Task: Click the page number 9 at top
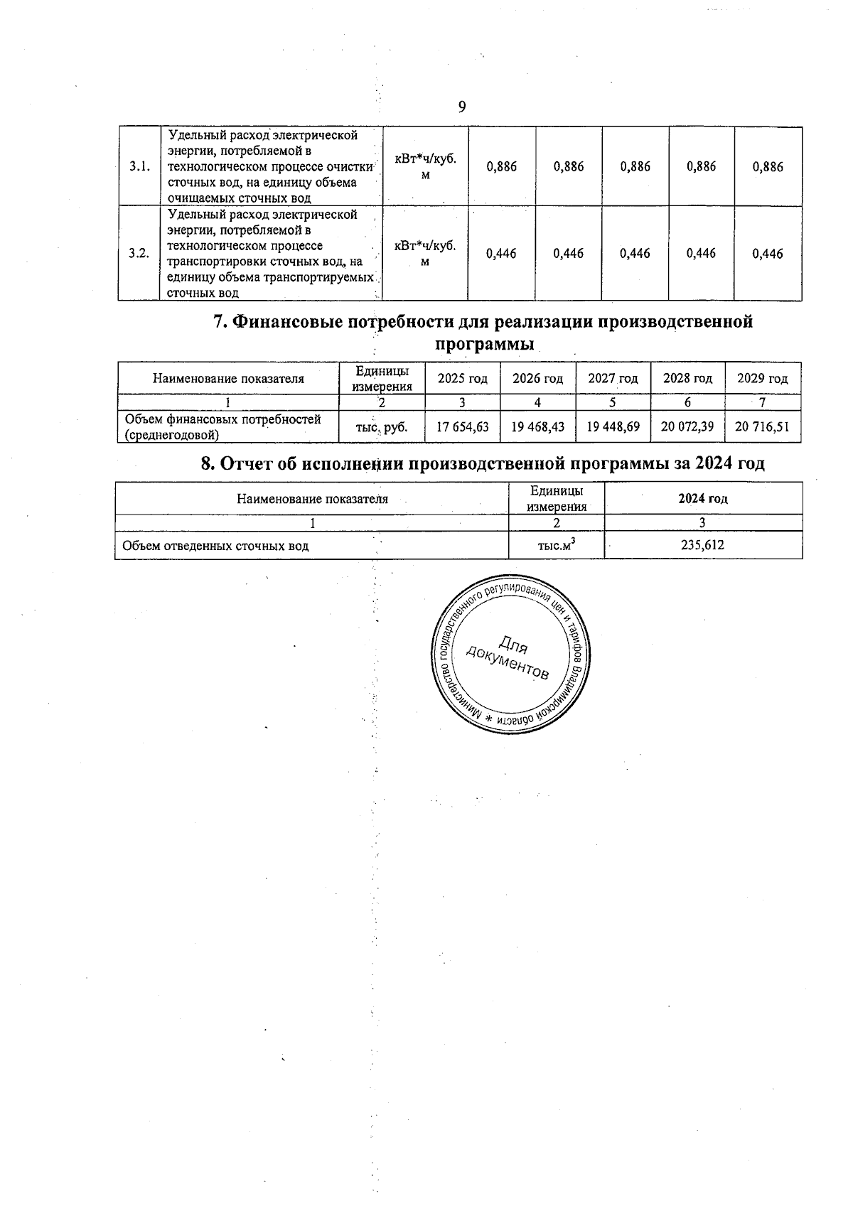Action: pyautogui.click(x=462, y=107)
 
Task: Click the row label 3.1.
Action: pyautogui.click(x=139, y=167)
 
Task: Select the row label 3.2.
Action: pyautogui.click(x=139, y=254)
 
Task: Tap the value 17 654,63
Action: pyautogui.click(x=462, y=427)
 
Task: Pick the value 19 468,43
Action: pyautogui.click(x=537, y=427)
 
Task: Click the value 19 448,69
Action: pyautogui.click(x=613, y=427)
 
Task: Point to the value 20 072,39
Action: pyautogui.click(x=687, y=427)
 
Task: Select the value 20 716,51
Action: pyautogui.click(x=762, y=427)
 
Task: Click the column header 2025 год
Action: pyautogui.click(x=462, y=379)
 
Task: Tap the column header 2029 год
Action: pyautogui.click(x=762, y=379)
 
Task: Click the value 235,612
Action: pyautogui.click(x=702, y=546)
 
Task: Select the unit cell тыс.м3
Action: pyautogui.click(x=556, y=546)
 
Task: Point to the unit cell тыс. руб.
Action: pyautogui.click(x=382, y=428)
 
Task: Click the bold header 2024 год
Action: pyautogui.click(x=702, y=498)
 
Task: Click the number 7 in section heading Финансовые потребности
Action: pyautogui.click(x=220, y=322)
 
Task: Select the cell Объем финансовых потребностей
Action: pyautogui.click(x=222, y=427)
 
